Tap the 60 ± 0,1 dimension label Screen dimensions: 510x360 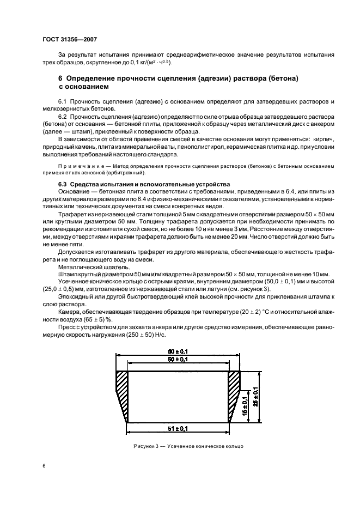[178, 352]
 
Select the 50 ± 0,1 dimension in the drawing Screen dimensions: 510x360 [178, 360]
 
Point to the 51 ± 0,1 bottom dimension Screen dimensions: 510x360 [178, 429]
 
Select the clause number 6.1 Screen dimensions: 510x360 [62, 102]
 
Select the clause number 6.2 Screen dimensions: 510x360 [62, 117]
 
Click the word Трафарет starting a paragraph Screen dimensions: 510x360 [71, 215]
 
